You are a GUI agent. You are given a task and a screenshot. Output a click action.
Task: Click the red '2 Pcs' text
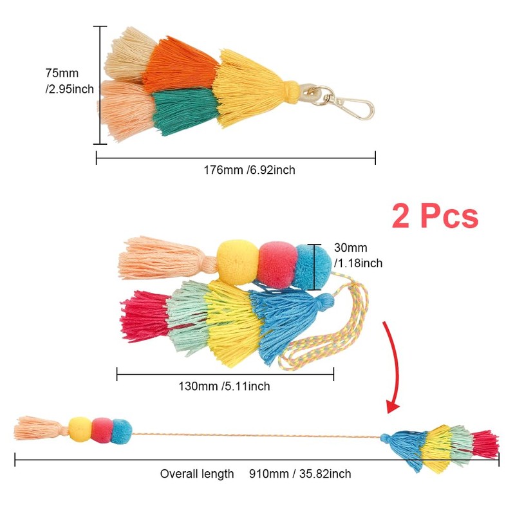(x=435, y=216)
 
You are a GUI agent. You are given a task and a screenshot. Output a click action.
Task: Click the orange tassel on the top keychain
(x=180, y=64)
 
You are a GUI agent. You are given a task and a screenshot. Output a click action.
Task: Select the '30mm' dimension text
(x=350, y=247)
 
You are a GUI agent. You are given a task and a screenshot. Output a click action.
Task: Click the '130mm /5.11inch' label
(x=224, y=386)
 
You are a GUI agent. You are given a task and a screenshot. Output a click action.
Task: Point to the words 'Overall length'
(x=197, y=474)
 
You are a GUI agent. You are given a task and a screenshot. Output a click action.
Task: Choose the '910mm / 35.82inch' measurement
(x=301, y=474)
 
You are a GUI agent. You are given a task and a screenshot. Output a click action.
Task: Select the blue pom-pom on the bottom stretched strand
(x=121, y=432)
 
